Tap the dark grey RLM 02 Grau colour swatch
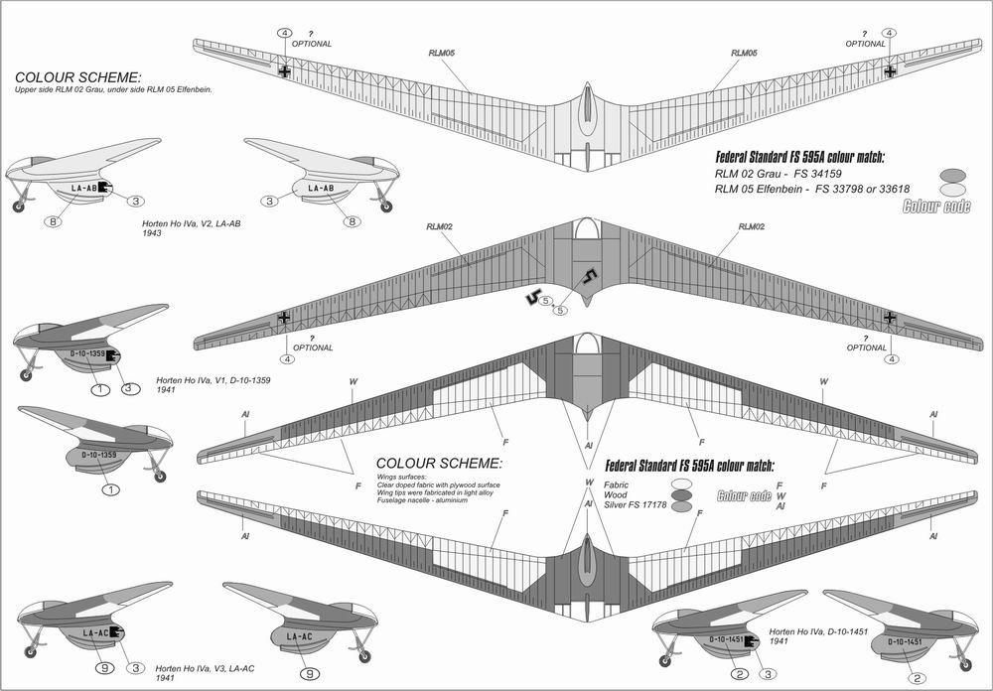[x=951, y=172]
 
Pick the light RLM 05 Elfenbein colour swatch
[x=951, y=188]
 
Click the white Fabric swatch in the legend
[x=681, y=483]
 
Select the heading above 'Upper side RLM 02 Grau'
[x=78, y=76]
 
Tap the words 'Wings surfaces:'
[x=397, y=477]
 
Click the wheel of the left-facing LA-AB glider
[x=19, y=207]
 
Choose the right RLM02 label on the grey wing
[x=752, y=227]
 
